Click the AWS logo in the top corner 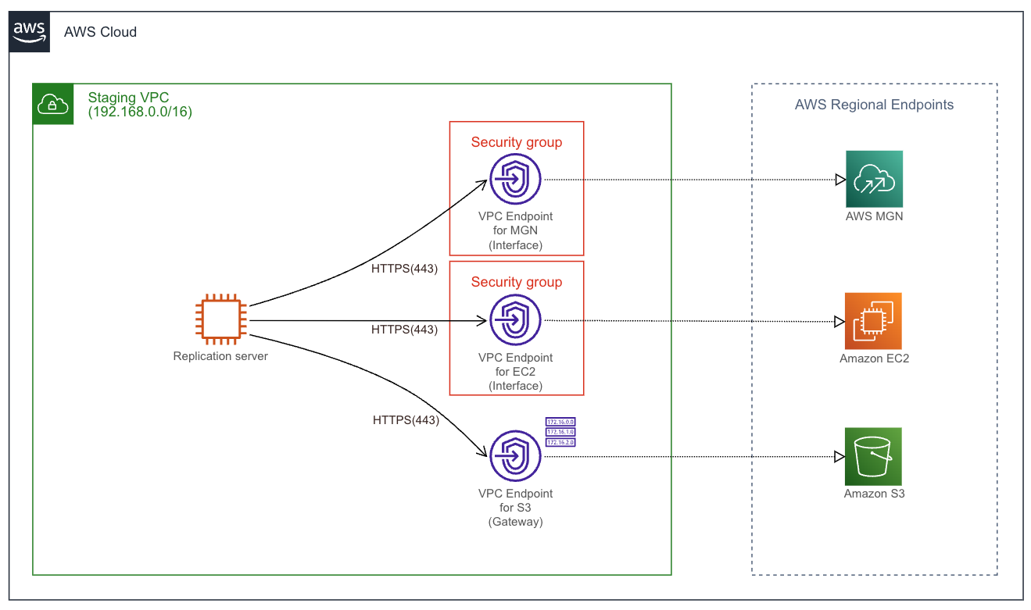[x=30, y=32]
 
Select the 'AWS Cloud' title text [x=100, y=32]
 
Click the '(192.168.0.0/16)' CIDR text [x=140, y=112]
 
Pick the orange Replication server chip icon [x=220, y=319]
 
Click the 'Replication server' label [x=220, y=356]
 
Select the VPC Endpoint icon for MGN [x=515, y=180]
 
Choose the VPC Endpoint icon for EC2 [x=515, y=321]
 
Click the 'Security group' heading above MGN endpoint [x=516, y=142]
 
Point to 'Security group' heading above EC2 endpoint [x=516, y=282]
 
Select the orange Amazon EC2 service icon [x=873, y=321]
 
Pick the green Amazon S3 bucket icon [x=873, y=456]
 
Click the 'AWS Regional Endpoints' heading [x=874, y=105]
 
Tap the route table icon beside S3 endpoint [x=560, y=432]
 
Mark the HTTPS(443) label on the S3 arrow [x=406, y=420]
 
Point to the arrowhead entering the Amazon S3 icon [x=839, y=457]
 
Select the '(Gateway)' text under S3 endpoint [x=515, y=522]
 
